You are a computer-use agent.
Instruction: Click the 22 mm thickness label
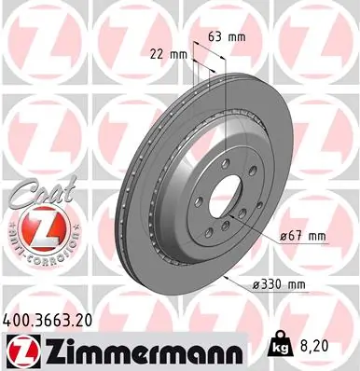(168, 55)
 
